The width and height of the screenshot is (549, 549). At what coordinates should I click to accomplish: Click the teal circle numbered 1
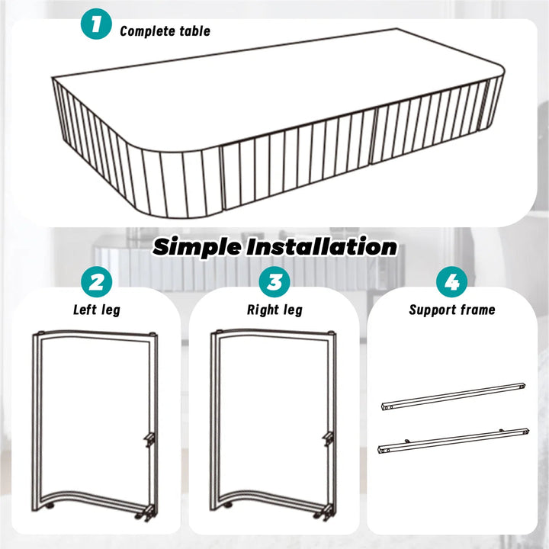(x=96, y=24)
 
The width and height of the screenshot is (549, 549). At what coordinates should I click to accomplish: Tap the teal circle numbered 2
(x=96, y=282)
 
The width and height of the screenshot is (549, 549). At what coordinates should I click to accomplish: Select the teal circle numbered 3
(x=274, y=282)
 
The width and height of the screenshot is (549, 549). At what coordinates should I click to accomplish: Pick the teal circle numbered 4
(x=451, y=282)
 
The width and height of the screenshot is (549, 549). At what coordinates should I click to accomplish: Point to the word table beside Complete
(x=194, y=30)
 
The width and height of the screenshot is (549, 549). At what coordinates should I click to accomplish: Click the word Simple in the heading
(x=197, y=248)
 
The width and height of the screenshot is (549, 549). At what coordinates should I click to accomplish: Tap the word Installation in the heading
(x=322, y=246)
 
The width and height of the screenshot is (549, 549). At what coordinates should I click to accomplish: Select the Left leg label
(x=97, y=310)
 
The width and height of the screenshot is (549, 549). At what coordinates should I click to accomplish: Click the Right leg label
(x=274, y=310)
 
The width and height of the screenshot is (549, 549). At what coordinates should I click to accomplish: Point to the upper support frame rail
(x=453, y=396)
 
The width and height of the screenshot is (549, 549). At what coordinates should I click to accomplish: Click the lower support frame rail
(x=453, y=441)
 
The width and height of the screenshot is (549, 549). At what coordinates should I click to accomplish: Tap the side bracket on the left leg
(x=149, y=440)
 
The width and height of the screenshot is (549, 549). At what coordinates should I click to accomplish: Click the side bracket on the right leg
(x=328, y=439)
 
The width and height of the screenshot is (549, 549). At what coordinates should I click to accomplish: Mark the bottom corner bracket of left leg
(x=146, y=512)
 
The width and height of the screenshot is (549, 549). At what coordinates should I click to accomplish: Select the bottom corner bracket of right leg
(x=325, y=512)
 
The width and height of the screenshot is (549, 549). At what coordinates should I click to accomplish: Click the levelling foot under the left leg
(x=50, y=506)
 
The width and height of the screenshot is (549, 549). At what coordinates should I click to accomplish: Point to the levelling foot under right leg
(x=229, y=506)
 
